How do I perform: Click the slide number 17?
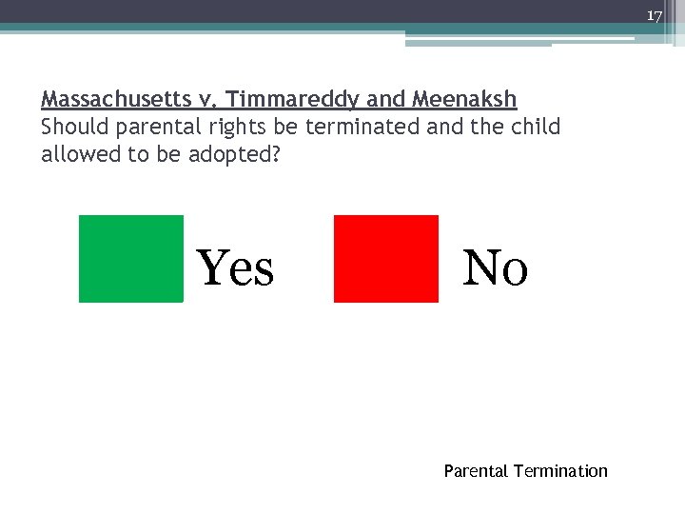654,16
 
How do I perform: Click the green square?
130,259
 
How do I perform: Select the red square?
386,259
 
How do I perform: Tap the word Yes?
235,267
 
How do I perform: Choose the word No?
495,267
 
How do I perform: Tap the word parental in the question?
151,127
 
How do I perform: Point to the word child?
535,127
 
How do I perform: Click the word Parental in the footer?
476,471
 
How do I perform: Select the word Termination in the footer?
560,471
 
